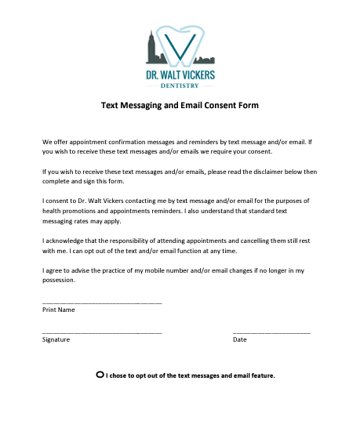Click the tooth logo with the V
pos(181,45)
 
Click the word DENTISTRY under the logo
pos(180,85)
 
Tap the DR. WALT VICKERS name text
pos(180,75)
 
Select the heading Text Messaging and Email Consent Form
pos(180,105)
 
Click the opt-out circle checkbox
pos(100,375)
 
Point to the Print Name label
pos(59,310)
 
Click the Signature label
pos(56,339)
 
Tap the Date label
pos(239,339)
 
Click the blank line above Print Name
pos(102,302)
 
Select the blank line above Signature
pos(102,332)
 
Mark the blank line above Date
pos(271,332)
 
